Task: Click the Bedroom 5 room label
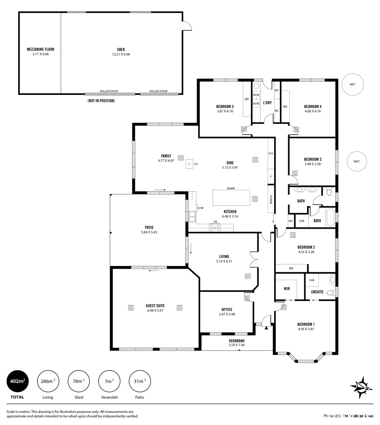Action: point(225,106)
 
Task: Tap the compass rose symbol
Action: point(361,387)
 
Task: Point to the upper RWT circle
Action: point(352,84)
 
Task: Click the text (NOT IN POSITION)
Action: point(101,101)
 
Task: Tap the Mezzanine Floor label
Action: point(40,50)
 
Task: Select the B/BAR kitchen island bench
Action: point(231,198)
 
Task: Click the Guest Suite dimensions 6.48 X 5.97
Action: point(155,310)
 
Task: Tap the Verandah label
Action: point(237,341)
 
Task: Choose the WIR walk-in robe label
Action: point(287,288)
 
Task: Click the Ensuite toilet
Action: point(332,280)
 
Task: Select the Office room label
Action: point(227,309)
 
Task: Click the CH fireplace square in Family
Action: point(190,164)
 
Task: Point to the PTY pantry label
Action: point(270,153)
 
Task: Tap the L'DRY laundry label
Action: point(267,103)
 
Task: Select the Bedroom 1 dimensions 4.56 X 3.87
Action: point(305,329)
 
